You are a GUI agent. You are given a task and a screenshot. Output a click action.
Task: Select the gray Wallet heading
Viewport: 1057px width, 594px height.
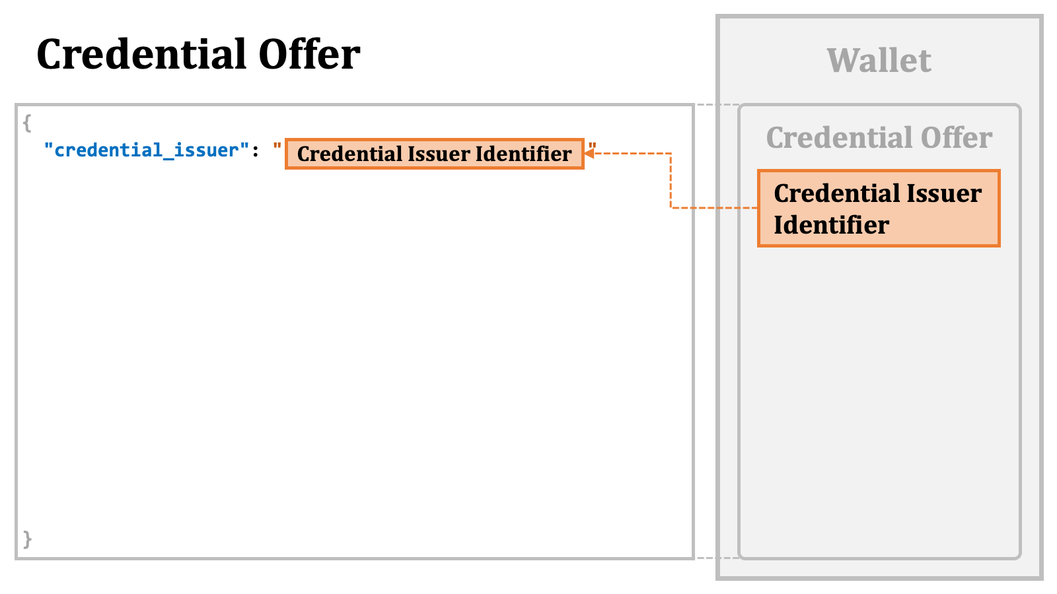tap(879, 60)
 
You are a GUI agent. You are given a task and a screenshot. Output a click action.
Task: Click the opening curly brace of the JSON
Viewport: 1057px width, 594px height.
tap(27, 123)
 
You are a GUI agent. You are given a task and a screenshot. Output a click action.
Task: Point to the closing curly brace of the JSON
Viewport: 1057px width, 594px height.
tap(27, 539)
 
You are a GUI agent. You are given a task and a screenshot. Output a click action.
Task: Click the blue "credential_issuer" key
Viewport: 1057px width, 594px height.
tap(146, 150)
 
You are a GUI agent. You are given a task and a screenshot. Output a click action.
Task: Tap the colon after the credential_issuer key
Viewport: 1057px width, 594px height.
tap(255, 152)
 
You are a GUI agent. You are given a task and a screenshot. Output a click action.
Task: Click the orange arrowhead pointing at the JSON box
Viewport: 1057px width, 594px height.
tap(589, 153)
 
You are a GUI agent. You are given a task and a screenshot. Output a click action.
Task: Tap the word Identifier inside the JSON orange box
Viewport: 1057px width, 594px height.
tap(523, 154)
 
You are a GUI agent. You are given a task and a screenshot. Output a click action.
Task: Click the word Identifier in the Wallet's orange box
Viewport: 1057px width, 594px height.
tap(832, 224)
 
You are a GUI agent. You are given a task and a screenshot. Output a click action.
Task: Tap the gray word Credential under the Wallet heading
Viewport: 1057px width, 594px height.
tap(839, 138)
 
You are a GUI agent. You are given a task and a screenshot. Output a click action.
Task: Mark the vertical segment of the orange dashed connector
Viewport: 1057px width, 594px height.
tap(671, 181)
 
